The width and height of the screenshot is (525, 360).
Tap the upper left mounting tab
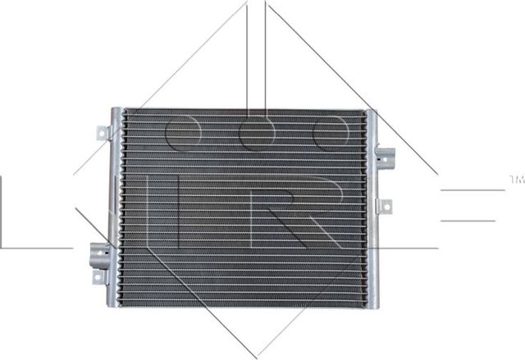click(x=102, y=133)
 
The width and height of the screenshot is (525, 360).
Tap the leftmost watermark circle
click(x=182, y=132)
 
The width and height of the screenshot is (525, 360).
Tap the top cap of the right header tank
click(x=372, y=113)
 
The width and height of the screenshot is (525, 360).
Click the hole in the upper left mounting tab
click(x=100, y=134)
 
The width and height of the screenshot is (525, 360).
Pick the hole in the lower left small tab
click(x=98, y=279)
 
